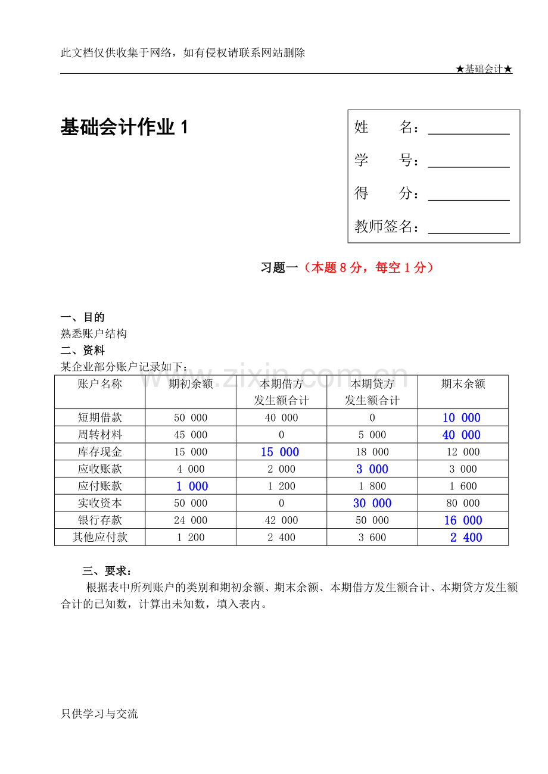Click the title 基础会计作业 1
pyautogui.click(x=124, y=127)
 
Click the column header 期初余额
pyautogui.click(x=191, y=384)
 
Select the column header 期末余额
pyautogui.click(x=463, y=384)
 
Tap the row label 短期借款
pyautogui.click(x=100, y=417)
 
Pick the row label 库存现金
pyautogui.click(x=100, y=452)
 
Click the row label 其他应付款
pyautogui.click(x=100, y=537)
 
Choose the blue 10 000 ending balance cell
pyautogui.click(x=462, y=418)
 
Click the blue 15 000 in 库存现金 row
pyautogui.click(x=280, y=452)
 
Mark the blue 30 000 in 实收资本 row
pyautogui.click(x=372, y=504)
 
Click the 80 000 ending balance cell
pyautogui.click(x=463, y=503)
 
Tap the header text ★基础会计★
pyautogui.click(x=484, y=69)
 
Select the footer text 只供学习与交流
pyautogui.click(x=99, y=713)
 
